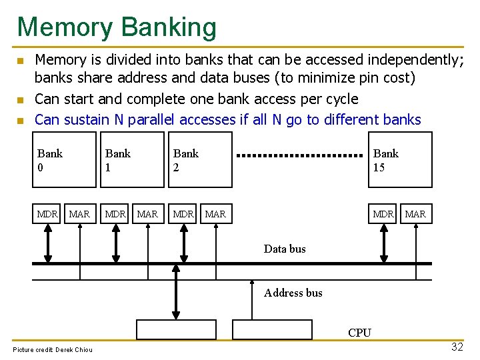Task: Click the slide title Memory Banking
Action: coord(117,27)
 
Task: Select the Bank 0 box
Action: coord(64,160)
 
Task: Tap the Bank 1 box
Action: coord(132,160)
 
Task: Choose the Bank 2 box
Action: coord(200,160)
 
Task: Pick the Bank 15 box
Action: coord(401,160)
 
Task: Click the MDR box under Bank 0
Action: coord(47,214)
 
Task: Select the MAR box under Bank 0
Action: coord(79,214)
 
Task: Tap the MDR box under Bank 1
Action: coord(115,214)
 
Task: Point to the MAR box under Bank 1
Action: coord(147,214)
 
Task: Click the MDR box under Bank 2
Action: coord(183,214)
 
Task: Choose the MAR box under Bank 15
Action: coord(415,214)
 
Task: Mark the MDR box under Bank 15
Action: coord(383,214)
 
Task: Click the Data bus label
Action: coord(285,249)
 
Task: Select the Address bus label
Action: coord(293,293)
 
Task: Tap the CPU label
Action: coord(359,333)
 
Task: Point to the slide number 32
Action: coord(457,347)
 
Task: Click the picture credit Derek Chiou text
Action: coord(53,349)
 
